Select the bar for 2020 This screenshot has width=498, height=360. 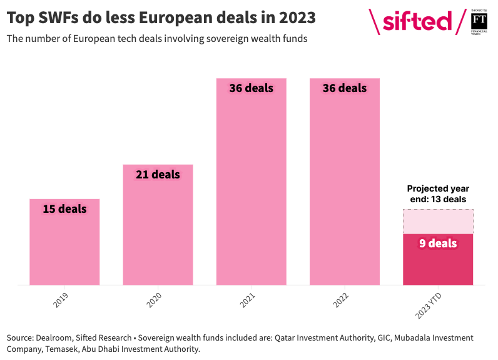pos(158,232)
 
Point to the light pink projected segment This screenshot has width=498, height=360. pos(438,221)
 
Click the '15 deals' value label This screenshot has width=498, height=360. pos(64,208)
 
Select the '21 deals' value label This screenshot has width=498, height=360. pos(158,174)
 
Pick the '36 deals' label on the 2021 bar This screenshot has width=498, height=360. pos(251,88)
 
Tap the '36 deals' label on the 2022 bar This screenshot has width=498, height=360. pos(344,88)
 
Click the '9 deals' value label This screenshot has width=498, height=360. pos(438,244)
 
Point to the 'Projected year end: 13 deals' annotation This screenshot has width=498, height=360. pos(438,193)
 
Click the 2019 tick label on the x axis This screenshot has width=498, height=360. pos(61,299)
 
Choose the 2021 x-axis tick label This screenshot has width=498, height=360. pos(248,299)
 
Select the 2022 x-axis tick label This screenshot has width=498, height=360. pos(341,299)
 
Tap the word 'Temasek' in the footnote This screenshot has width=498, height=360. pos(63,349)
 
